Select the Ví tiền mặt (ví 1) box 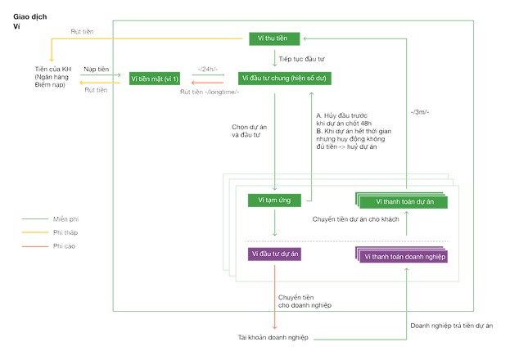pos(155,78)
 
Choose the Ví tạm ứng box pos(275,200)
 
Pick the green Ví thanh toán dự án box pos(401,200)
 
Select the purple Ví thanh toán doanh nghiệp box pos(401,256)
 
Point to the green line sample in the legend pos(34,219)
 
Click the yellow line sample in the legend pos(34,232)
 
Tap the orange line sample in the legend pos(34,245)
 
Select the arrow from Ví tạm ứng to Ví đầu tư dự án pos(275,225)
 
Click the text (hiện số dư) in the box pos(312,78)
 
